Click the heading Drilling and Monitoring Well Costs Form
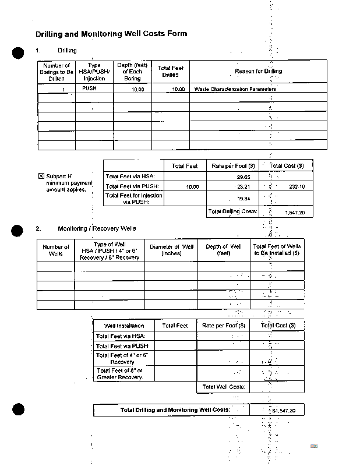(111, 34)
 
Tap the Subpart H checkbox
(41, 176)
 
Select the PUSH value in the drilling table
(89, 89)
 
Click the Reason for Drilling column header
(258, 72)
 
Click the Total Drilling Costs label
(232, 211)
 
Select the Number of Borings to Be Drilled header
(57, 72)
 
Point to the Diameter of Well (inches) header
(171, 250)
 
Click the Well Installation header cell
(124, 326)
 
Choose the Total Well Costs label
(224, 387)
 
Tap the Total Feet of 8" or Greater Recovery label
(119, 373)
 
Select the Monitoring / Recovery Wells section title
(97, 228)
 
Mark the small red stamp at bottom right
(314, 446)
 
